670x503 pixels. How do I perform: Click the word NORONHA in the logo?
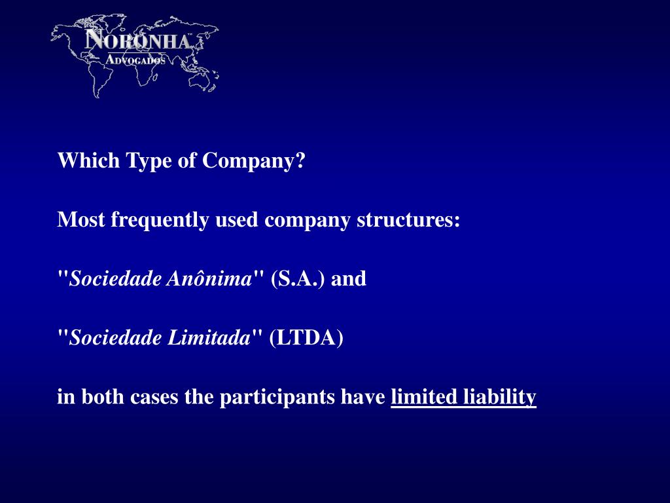coord(137,40)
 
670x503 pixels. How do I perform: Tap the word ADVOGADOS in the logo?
coord(135,60)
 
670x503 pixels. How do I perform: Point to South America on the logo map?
coord(99,80)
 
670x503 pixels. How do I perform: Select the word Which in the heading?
coord(88,160)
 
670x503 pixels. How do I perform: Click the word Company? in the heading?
coord(254,161)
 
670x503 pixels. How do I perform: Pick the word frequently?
coord(160,220)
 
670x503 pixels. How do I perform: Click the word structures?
coord(408,219)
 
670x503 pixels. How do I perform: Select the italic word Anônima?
coord(209,278)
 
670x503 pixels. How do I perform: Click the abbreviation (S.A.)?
coord(298,279)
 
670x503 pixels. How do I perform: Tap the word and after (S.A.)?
coord(349,278)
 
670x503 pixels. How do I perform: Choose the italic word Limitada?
coord(209,337)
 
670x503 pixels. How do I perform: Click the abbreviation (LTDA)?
coord(306,338)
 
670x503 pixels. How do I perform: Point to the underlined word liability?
coord(500,397)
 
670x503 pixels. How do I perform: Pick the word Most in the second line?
coord(80,219)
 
